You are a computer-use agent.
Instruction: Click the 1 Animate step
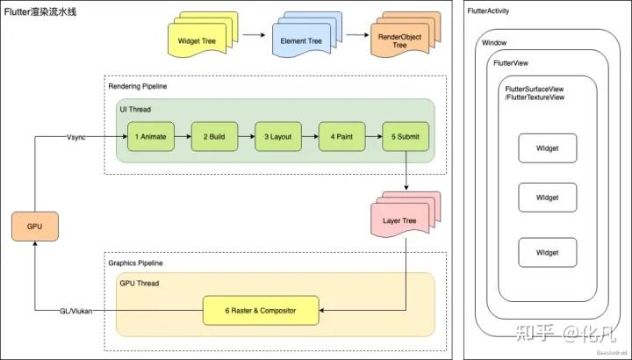[x=151, y=136]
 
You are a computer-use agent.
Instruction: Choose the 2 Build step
[x=215, y=136]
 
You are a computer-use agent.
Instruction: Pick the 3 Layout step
[x=278, y=136]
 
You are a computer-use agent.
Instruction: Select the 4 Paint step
[x=341, y=136]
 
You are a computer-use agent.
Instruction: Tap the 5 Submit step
[x=405, y=136]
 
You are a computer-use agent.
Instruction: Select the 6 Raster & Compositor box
[x=261, y=310]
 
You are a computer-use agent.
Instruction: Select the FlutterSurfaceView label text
[x=534, y=92]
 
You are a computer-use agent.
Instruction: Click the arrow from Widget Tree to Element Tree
[x=254, y=35]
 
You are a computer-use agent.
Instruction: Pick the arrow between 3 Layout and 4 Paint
[x=310, y=136]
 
